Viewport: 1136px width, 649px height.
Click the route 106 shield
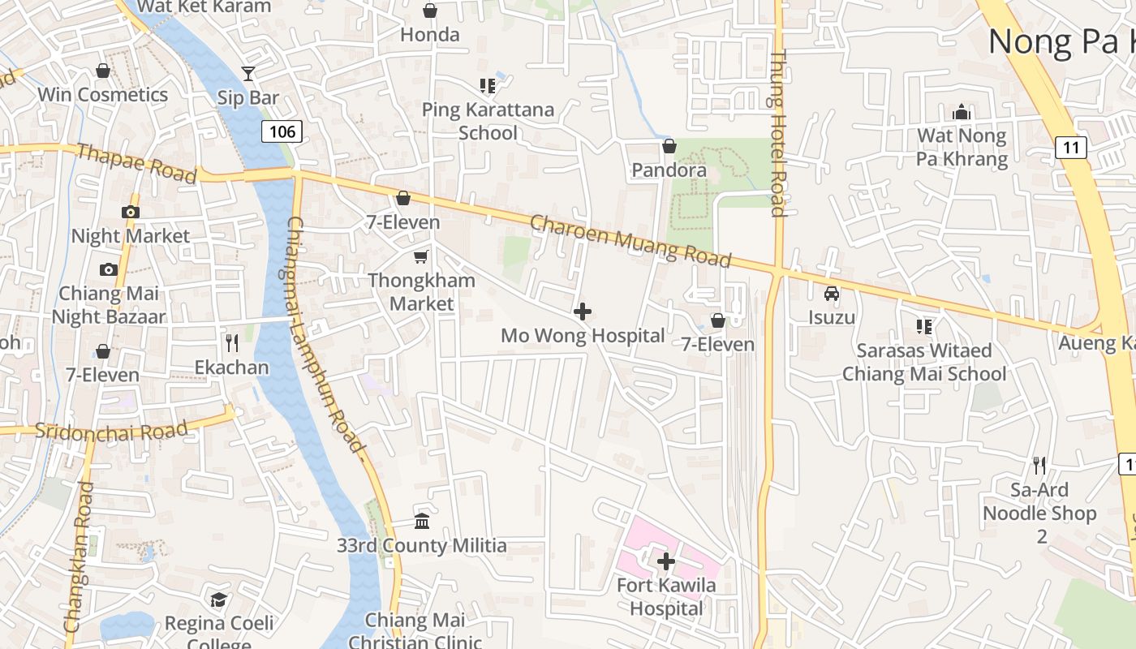pos(282,131)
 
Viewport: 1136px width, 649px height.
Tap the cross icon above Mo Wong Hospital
pos(582,312)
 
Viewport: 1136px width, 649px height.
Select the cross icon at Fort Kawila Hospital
pos(666,561)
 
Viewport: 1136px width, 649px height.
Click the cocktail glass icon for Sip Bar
pos(248,74)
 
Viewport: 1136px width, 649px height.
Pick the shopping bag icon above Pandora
pos(669,146)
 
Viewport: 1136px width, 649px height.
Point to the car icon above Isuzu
pos(832,294)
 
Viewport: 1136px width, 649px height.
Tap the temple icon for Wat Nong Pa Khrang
pos(962,111)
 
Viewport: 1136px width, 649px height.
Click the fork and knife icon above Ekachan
pos(232,343)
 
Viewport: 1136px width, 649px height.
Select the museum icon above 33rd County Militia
pos(422,521)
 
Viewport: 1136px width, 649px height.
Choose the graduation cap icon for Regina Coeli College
pos(218,600)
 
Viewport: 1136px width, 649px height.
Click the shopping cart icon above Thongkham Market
pos(421,257)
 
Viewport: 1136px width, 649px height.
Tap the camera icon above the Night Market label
pos(130,213)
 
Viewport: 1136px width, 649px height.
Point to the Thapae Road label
pos(136,164)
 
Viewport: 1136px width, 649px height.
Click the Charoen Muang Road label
pos(630,241)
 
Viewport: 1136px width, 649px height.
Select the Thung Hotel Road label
pos(777,134)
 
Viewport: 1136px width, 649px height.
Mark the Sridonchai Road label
pos(112,430)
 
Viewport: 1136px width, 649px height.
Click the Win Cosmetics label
pos(103,95)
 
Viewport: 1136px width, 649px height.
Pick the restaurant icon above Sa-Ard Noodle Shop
pos(1039,466)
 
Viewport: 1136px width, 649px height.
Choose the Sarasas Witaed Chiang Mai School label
pos(924,362)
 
